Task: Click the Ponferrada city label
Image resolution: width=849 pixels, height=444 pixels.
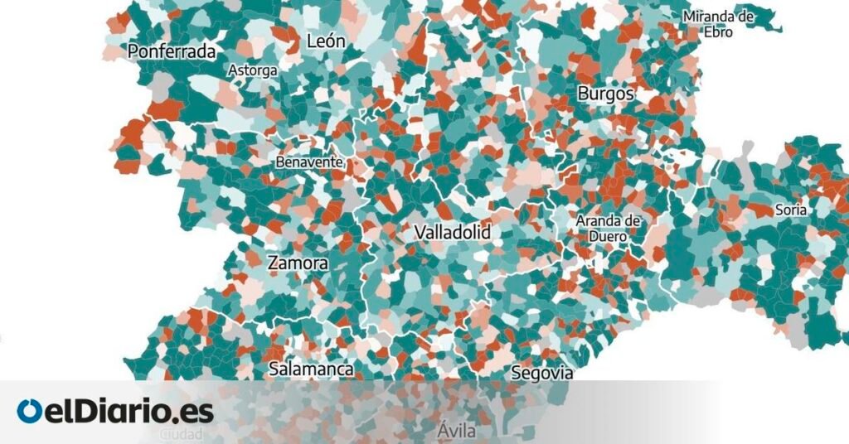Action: point(172,51)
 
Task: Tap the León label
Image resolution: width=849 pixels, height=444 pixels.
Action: point(326,40)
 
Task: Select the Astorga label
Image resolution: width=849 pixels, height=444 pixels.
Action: point(252,70)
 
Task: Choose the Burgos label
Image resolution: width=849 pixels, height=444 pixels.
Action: point(605,94)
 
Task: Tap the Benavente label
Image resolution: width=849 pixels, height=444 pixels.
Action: point(309,162)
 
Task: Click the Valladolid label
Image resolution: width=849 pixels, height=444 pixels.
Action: point(452,232)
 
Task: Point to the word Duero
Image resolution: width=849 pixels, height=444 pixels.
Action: point(608,235)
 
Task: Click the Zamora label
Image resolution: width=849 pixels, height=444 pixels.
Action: point(298,263)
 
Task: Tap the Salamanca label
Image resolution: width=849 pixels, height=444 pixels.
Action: point(312,369)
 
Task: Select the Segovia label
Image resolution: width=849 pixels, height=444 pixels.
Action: point(542,373)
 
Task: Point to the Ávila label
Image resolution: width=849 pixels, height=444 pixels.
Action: point(458,431)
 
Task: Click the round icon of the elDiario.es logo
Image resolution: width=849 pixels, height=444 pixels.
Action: point(29,412)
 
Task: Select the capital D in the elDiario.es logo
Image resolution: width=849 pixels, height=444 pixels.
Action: point(85,412)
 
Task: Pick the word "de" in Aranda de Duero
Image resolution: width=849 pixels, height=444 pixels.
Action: point(633,221)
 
